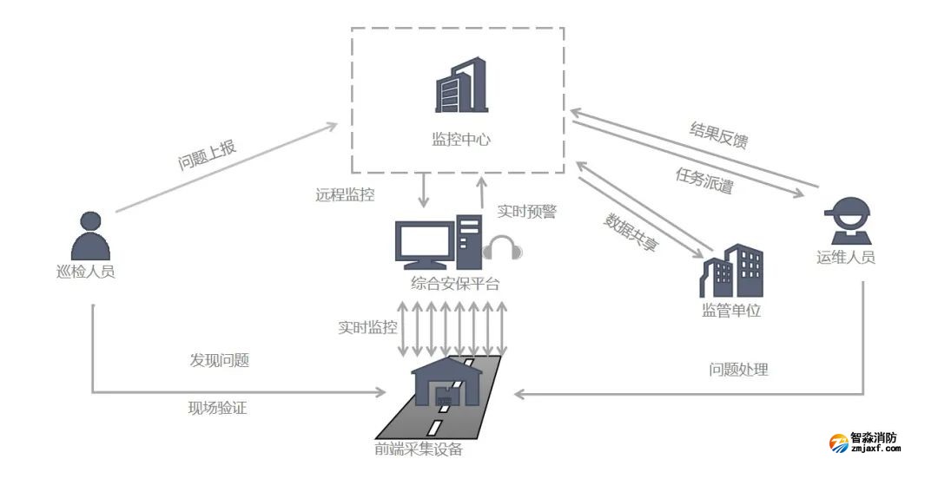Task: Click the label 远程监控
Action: click(x=345, y=194)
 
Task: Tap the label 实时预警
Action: click(x=526, y=211)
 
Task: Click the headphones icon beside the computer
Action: click(x=503, y=248)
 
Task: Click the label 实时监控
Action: click(x=367, y=327)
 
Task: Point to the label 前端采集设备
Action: click(x=419, y=449)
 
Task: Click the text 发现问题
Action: click(x=219, y=360)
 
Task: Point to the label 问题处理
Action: click(x=738, y=370)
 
